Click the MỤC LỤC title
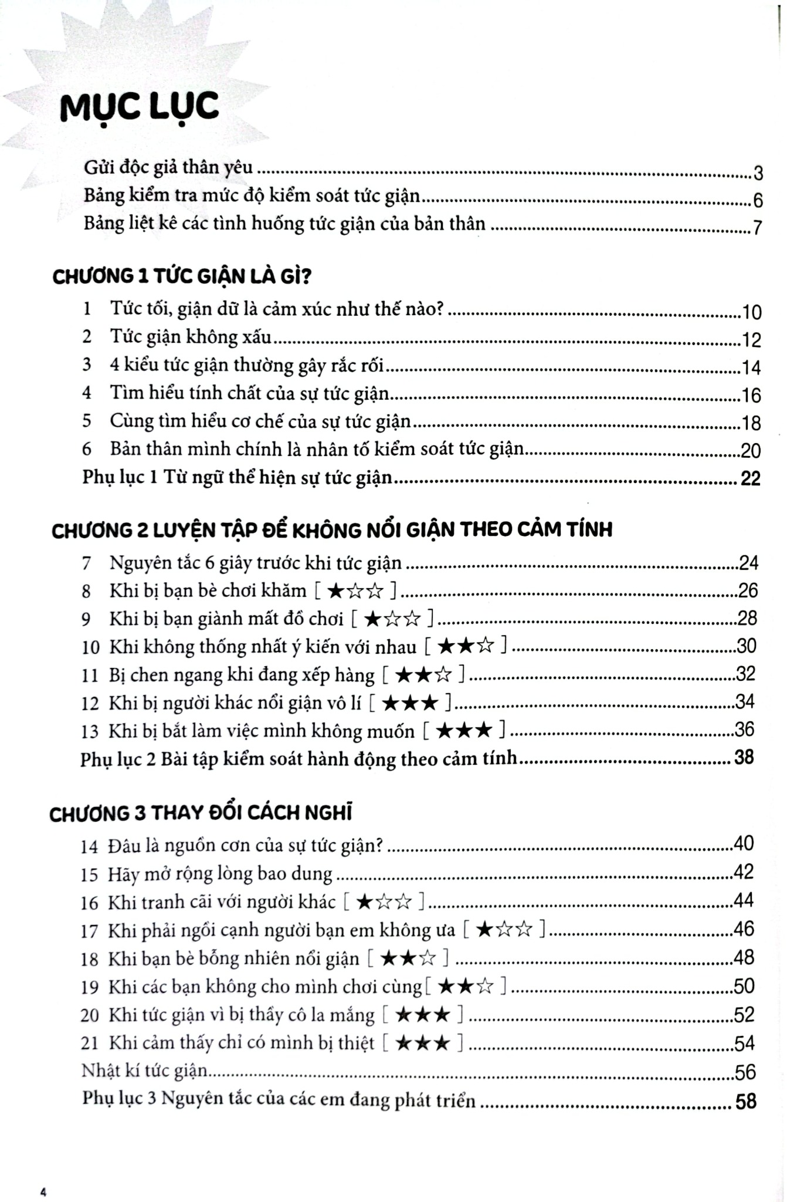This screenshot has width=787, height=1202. click(140, 107)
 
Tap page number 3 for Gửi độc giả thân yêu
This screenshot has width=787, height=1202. click(758, 173)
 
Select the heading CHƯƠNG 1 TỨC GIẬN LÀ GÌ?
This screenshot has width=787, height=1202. click(181, 276)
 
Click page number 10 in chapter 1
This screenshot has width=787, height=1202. click(751, 312)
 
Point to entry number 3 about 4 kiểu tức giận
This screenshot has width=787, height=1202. click(87, 365)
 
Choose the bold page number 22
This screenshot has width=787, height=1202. click(750, 479)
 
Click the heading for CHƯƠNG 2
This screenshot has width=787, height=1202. click(331, 530)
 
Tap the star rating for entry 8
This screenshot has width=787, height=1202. click(356, 590)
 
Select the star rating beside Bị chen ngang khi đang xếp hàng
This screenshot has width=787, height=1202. click(423, 675)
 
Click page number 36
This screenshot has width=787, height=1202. click(745, 730)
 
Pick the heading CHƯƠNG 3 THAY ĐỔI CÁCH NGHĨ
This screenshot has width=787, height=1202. click(201, 813)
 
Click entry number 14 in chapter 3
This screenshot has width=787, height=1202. click(89, 846)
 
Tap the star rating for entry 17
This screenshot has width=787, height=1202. click(504, 930)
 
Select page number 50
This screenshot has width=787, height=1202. click(744, 986)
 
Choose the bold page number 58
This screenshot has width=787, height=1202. click(746, 1101)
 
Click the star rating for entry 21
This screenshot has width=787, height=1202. click(423, 1043)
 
